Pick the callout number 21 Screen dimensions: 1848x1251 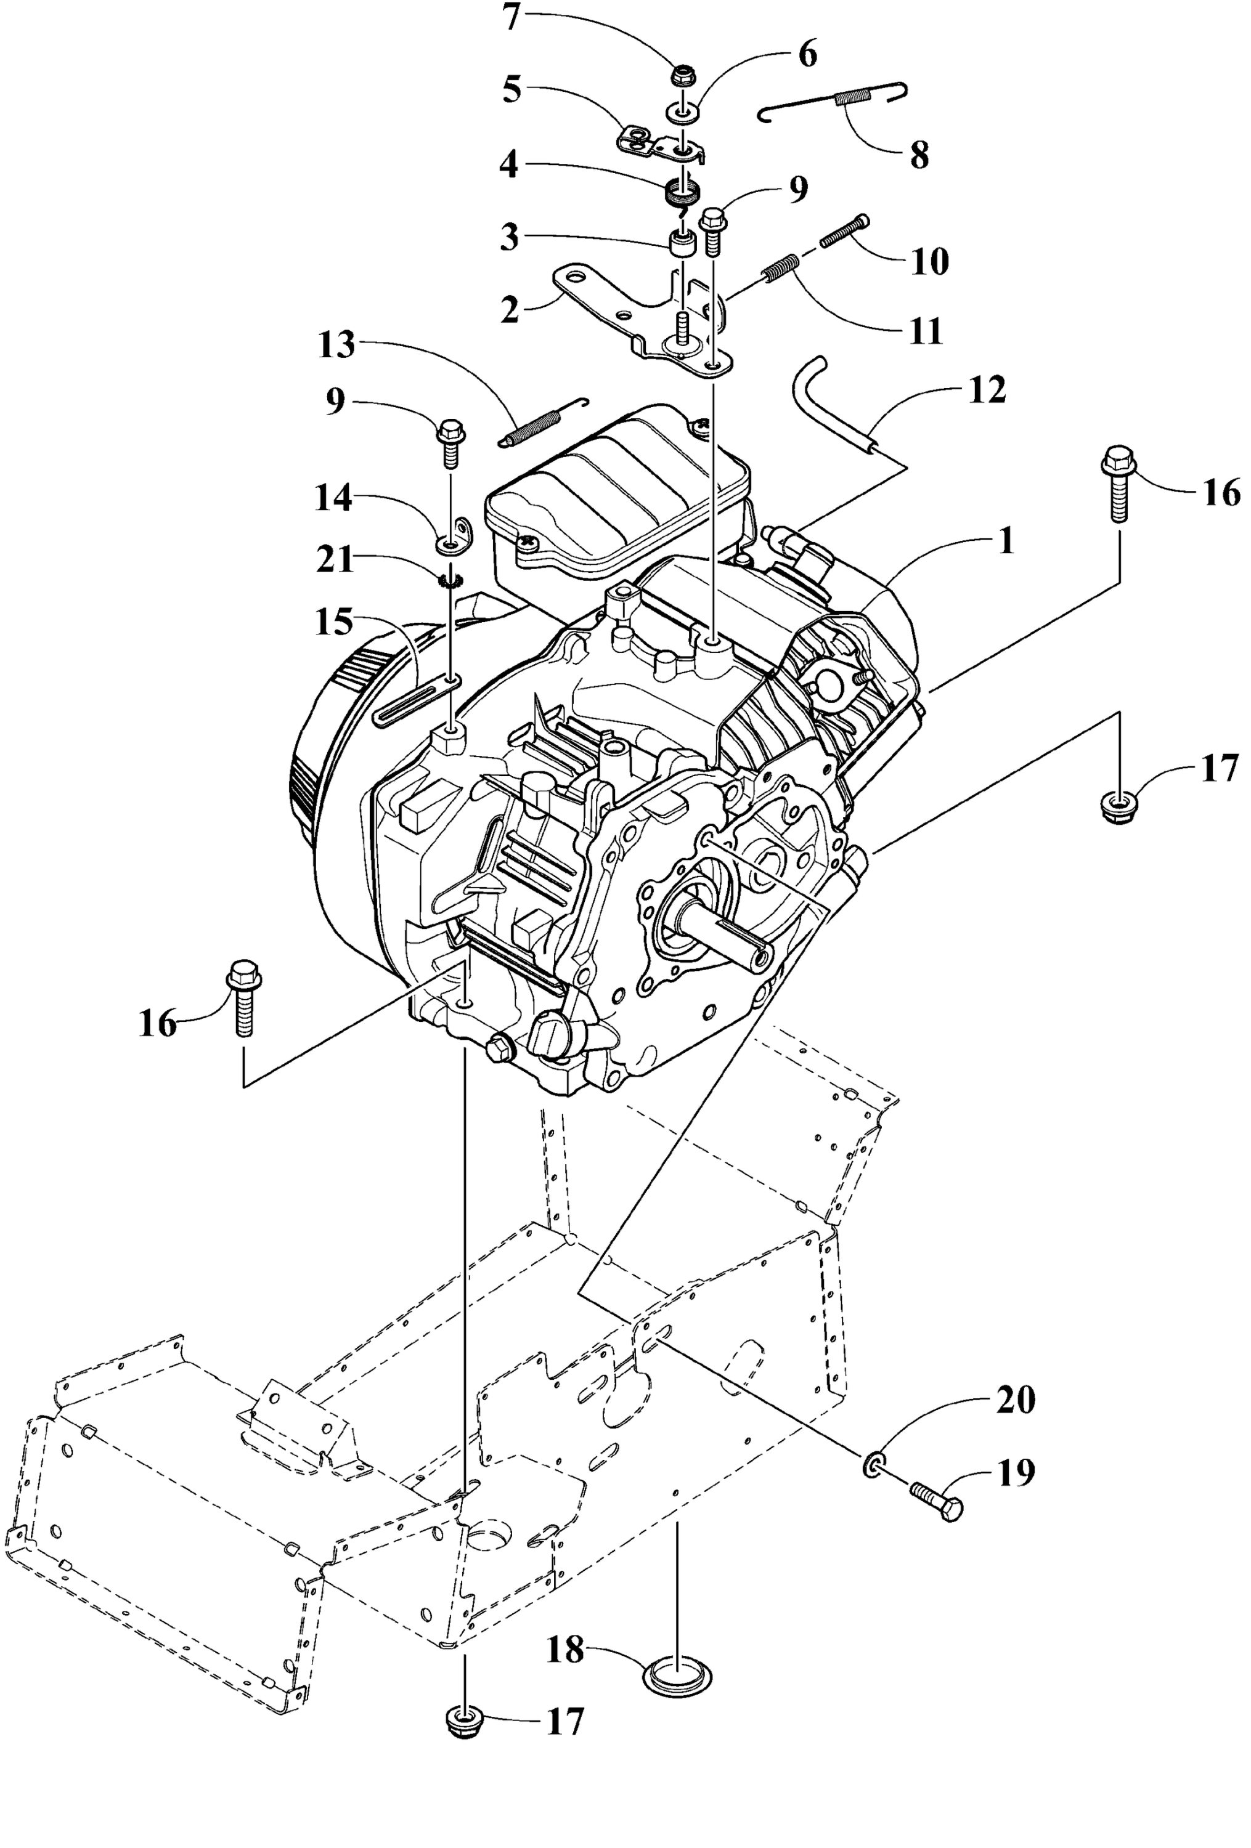pos(335,561)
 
